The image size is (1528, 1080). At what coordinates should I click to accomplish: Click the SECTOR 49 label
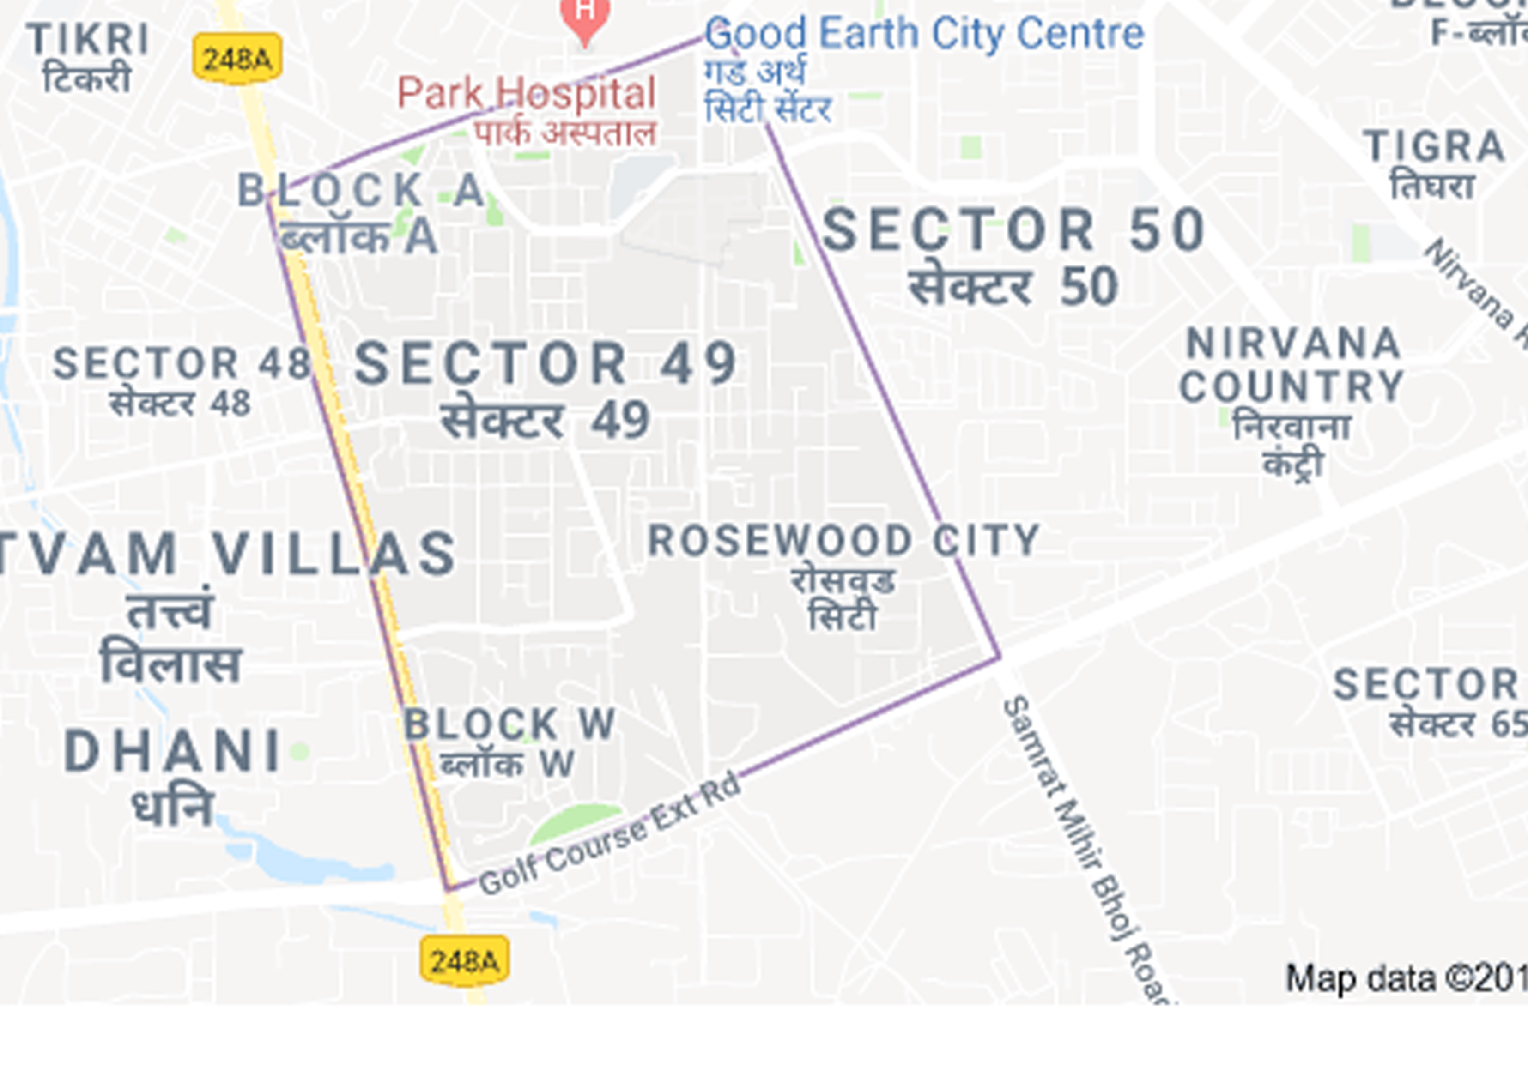click(545, 363)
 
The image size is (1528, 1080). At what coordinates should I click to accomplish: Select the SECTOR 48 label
click(182, 363)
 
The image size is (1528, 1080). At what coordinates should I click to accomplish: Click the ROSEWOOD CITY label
click(844, 540)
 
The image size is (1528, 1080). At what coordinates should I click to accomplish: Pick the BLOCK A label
click(361, 190)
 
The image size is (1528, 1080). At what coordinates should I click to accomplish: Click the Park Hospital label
click(527, 93)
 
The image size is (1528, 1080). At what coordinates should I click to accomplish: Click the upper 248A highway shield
click(237, 59)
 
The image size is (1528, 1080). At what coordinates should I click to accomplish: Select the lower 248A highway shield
click(465, 961)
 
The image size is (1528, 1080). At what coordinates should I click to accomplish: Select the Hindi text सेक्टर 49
click(545, 421)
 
